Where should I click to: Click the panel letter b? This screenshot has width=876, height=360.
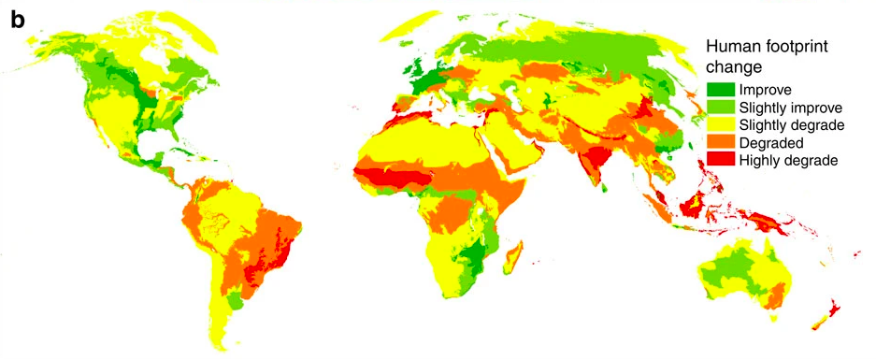click(18, 20)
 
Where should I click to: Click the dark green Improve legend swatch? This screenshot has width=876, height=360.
click(720, 90)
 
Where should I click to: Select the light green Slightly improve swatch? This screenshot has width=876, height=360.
click(720, 108)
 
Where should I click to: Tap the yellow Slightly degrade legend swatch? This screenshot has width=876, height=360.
click(720, 125)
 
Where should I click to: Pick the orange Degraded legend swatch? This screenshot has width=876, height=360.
click(720, 143)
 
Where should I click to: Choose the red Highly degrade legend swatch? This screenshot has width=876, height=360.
click(720, 161)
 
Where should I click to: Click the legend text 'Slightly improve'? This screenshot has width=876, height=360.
click(789, 108)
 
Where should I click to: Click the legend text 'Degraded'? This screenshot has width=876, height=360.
click(769, 143)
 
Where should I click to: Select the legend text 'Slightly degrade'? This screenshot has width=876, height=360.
click(791, 125)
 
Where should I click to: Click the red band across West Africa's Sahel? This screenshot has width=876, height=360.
click(393, 177)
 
